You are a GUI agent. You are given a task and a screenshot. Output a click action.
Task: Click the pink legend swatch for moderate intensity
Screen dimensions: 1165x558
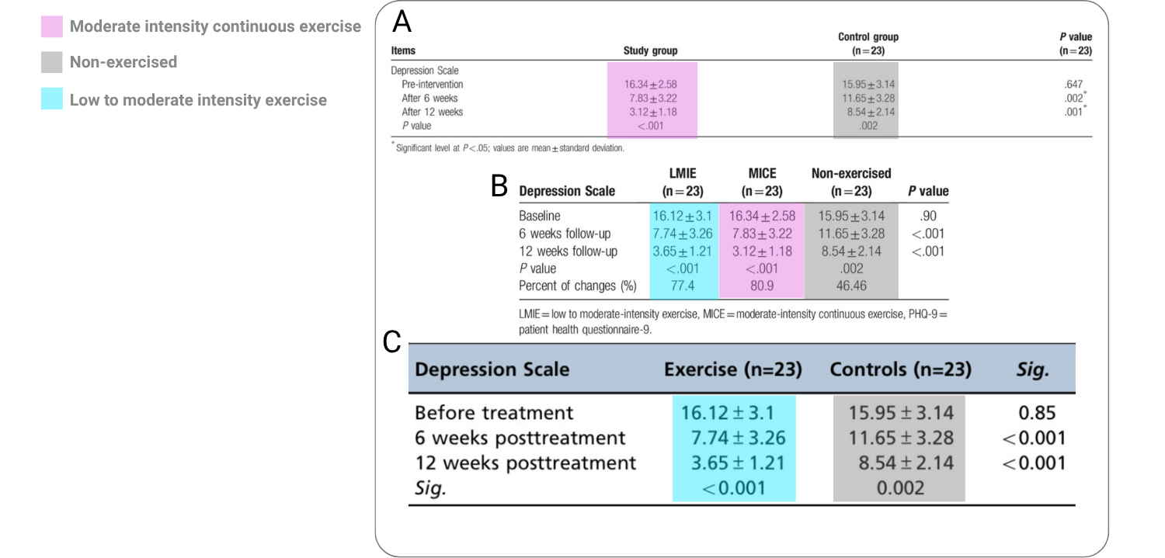[52, 26]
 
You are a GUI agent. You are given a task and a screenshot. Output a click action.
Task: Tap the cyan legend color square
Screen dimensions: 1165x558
[52, 99]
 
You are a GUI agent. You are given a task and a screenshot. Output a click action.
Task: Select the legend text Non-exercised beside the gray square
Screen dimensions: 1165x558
[123, 62]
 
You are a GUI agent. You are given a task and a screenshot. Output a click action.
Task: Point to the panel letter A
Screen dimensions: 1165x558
[402, 23]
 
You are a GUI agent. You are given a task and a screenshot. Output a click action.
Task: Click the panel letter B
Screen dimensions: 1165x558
[499, 185]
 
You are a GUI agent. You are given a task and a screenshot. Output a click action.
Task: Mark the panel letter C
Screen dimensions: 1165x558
[391, 342]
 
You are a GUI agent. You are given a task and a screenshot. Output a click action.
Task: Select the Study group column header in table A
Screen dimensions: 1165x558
[651, 50]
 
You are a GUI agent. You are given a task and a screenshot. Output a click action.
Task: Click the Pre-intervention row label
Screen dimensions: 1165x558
[432, 84]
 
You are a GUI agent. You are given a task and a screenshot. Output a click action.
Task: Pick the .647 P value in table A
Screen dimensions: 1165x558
[1073, 84]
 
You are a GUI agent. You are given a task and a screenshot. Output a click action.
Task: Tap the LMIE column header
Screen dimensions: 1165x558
[683, 173]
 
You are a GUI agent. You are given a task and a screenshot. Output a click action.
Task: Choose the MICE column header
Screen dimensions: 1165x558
[762, 173]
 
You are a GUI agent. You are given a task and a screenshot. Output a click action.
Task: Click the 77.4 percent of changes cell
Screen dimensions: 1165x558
[683, 286]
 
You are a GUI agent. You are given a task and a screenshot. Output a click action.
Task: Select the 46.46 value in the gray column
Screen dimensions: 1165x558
[851, 286]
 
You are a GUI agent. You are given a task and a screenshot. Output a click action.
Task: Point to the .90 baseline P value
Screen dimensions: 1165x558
[928, 216]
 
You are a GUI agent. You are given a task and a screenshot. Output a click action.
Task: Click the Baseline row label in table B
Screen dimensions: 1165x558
[539, 216]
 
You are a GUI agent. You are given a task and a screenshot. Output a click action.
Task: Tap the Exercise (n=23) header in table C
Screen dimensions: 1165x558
[733, 369]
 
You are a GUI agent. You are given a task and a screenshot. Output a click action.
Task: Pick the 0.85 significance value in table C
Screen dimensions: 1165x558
[1037, 413]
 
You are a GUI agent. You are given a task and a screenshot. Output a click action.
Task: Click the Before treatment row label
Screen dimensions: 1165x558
[493, 413]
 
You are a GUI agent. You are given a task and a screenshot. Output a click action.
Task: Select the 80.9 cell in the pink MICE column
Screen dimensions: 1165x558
[762, 286]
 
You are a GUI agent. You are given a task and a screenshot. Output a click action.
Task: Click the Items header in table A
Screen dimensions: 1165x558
[403, 50]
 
